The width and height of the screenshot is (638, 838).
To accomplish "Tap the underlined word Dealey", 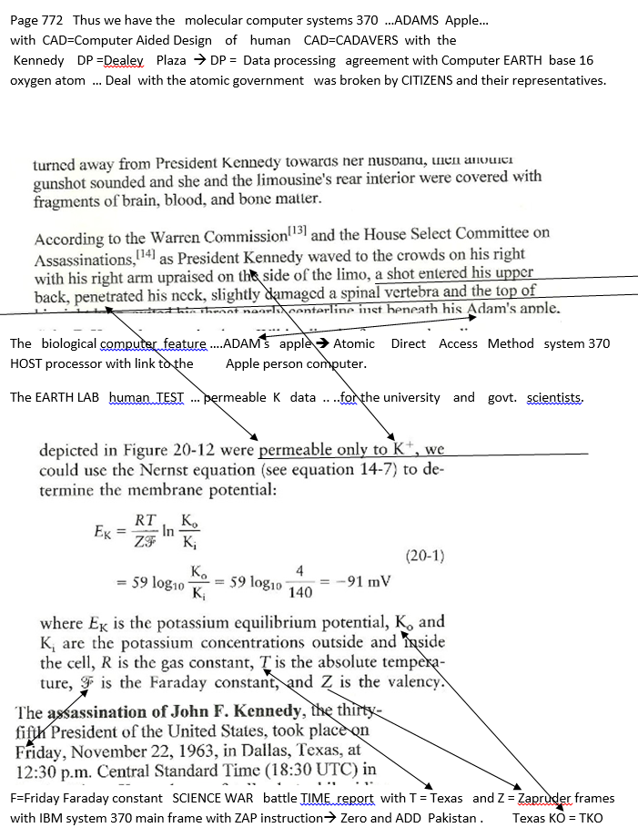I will (x=125, y=60).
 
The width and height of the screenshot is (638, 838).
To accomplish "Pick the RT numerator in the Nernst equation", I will (x=145, y=520).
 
